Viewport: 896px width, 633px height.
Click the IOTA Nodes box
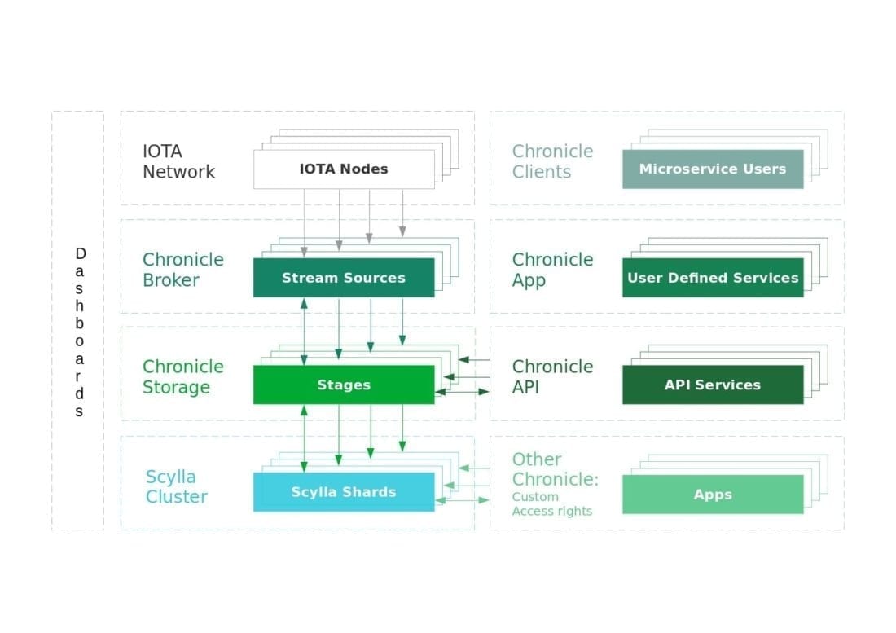(x=343, y=169)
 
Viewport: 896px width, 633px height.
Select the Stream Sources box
(x=343, y=278)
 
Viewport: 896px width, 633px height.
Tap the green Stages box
(x=343, y=385)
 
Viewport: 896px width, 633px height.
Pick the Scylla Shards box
(x=343, y=492)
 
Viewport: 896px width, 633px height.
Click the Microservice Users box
(x=712, y=169)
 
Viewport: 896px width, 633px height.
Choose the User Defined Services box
(x=712, y=278)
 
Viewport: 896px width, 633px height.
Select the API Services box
(x=712, y=385)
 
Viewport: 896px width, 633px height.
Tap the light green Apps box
(x=712, y=495)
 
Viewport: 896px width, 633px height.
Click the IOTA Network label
(x=178, y=161)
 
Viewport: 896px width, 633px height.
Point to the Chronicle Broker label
(x=182, y=270)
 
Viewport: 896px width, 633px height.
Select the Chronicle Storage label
(x=182, y=377)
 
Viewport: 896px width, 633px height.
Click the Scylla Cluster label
(x=176, y=486)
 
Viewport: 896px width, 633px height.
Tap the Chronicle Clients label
(x=552, y=161)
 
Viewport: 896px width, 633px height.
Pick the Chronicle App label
(x=552, y=270)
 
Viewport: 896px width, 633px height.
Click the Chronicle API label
(x=552, y=377)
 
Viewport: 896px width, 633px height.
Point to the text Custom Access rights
(x=551, y=504)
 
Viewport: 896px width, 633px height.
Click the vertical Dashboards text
(x=79, y=332)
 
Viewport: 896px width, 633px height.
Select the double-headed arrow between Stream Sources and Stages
(x=304, y=331)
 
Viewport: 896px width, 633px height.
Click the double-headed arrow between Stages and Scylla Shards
(x=304, y=439)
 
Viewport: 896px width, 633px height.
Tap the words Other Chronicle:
(x=555, y=469)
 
